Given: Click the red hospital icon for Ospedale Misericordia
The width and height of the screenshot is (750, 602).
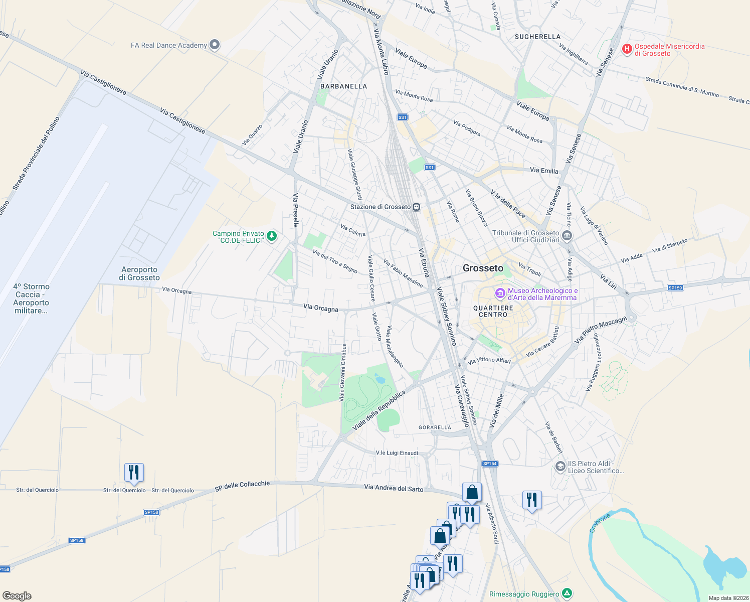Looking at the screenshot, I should (627, 49).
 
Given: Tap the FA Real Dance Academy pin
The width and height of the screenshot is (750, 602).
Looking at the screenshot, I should (215, 45).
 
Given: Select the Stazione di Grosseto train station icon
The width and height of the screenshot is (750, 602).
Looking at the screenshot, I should (417, 207).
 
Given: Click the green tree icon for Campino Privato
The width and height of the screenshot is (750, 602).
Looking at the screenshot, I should (272, 236).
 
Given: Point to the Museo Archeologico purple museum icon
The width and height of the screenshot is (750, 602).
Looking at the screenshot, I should (500, 293).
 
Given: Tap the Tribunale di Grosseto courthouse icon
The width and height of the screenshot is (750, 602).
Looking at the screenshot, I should (567, 235).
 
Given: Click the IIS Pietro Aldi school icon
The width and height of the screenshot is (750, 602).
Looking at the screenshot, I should (560, 467).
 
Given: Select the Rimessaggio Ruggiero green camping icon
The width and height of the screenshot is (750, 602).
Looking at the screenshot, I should (567, 593).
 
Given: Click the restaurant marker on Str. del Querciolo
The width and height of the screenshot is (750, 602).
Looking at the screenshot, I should (134, 473).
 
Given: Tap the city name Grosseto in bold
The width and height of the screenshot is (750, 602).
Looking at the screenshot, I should (483, 268).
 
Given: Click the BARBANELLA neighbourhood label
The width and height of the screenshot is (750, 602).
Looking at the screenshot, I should (343, 86).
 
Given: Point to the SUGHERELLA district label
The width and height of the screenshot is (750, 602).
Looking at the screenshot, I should (537, 37).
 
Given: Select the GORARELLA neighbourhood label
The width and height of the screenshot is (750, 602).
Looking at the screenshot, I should (435, 427).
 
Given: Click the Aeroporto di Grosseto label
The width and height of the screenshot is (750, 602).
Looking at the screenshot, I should (139, 273).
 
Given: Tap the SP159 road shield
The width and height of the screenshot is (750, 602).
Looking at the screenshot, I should (675, 288).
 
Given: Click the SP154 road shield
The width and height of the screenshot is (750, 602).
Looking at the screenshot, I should (490, 464).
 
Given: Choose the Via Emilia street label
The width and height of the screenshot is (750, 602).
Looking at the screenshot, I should (544, 171).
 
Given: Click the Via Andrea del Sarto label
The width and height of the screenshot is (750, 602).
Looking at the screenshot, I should (394, 488).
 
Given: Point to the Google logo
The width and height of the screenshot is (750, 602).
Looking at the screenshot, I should (17, 595).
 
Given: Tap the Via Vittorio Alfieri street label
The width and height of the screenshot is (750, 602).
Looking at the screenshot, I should (489, 361).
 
